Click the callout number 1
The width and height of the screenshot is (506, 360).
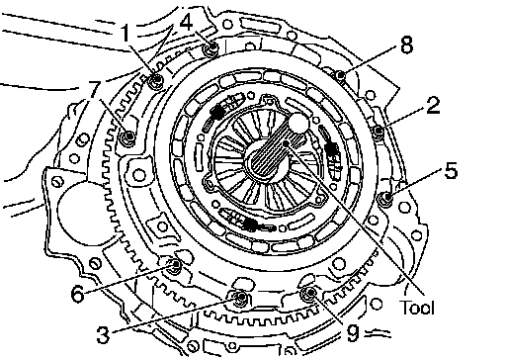click(x=126, y=34)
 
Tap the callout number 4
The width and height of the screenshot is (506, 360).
click(x=187, y=23)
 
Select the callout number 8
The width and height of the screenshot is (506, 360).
click(x=407, y=45)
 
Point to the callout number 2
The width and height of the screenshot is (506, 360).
click(x=433, y=106)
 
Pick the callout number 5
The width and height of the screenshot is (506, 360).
click(x=451, y=171)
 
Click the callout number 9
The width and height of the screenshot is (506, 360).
click(x=353, y=333)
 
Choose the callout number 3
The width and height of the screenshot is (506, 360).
click(x=103, y=335)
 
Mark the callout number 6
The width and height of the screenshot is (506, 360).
click(x=78, y=294)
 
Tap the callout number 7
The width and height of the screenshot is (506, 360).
click(x=94, y=90)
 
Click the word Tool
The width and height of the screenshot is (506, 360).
click(x=417, y=308)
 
